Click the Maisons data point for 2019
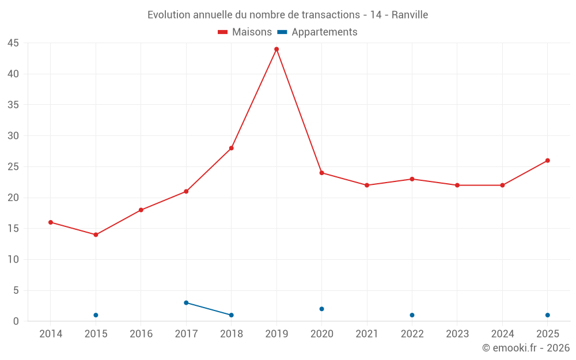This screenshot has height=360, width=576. coord(276,49)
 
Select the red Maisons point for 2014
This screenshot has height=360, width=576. coord(51,222)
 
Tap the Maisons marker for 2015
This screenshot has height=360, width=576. coord(96,235)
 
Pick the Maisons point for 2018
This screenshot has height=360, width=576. coord(232,148)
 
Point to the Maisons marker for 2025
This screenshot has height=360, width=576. coord(548,161)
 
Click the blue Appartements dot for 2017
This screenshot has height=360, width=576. coord(186,303)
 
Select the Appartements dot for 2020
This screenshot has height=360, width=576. coord(322,309)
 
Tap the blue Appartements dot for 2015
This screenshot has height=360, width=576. coord(96,315)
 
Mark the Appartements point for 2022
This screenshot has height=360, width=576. coord(412,315)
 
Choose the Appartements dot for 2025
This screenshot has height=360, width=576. coord(548,315)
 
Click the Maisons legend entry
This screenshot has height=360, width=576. coord(245,32)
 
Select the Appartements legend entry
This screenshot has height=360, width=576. coord(317,32)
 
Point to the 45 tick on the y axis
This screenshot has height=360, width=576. coord(13,43)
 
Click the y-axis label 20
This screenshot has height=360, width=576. coord(13,198)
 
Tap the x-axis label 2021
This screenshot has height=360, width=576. coord(367,334)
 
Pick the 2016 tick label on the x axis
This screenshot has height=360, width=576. coord(141,334)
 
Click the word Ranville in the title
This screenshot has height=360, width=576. coord(410,15)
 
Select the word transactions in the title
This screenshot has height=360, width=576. coord(331,15)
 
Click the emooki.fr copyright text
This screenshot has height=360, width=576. coord(526,347)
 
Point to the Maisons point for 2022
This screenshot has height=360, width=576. coord(412,179)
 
